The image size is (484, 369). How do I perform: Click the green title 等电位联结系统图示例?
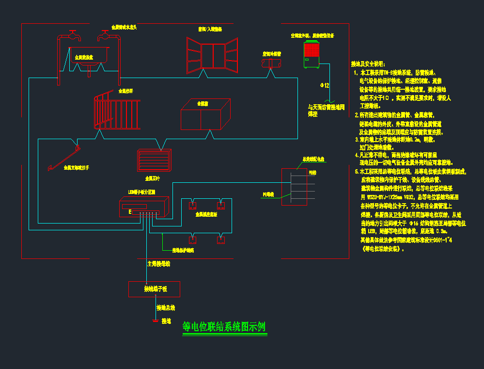click(x=224, y=327)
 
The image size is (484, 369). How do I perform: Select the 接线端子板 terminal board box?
click(x=154, y=289)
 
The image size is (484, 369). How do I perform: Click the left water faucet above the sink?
click(x=73, y=35)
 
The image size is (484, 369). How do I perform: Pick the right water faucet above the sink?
click(x=104, y=35)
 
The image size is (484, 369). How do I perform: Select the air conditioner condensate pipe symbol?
click(x=271, y=63)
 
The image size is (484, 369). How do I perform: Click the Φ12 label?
click(x=325, y=85)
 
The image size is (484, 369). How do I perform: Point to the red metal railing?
click(x=117, y=112)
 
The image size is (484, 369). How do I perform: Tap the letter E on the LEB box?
click(x=130, y=212)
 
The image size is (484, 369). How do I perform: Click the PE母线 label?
click(x=268, y=194)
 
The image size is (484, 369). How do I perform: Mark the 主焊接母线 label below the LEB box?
click(x=158, y=264)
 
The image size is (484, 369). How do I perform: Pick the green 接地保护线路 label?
click(x=183, y=251)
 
